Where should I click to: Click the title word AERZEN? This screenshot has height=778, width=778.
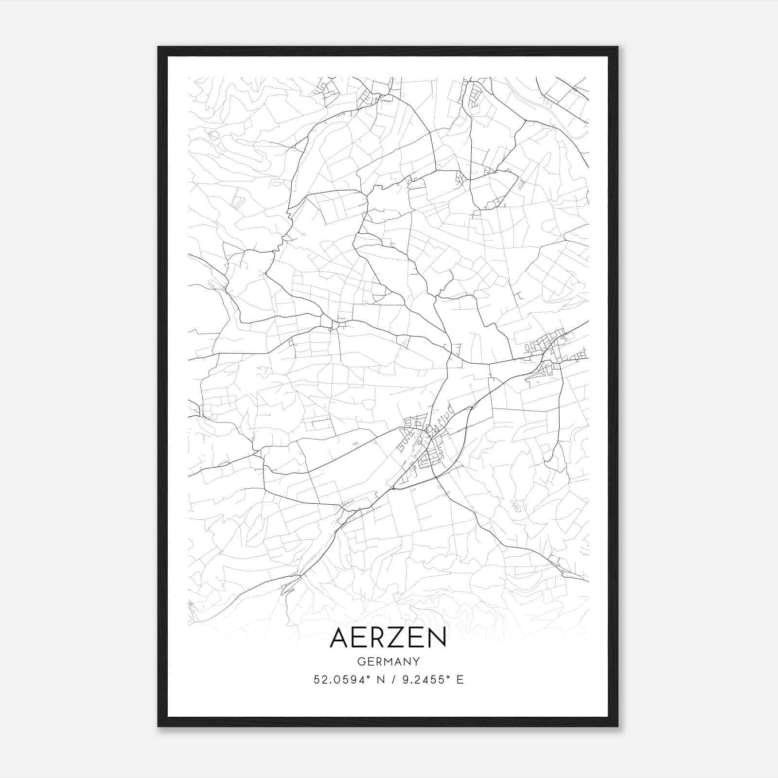[388, 637]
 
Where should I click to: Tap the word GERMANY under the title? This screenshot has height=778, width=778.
[388, 662]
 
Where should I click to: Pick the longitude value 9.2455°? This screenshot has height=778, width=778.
[422, 680]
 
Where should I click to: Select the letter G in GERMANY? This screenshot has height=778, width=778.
[361, 662]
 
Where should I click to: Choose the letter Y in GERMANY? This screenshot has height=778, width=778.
[416, 662]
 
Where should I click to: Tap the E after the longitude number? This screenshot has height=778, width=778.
[460, 680]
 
